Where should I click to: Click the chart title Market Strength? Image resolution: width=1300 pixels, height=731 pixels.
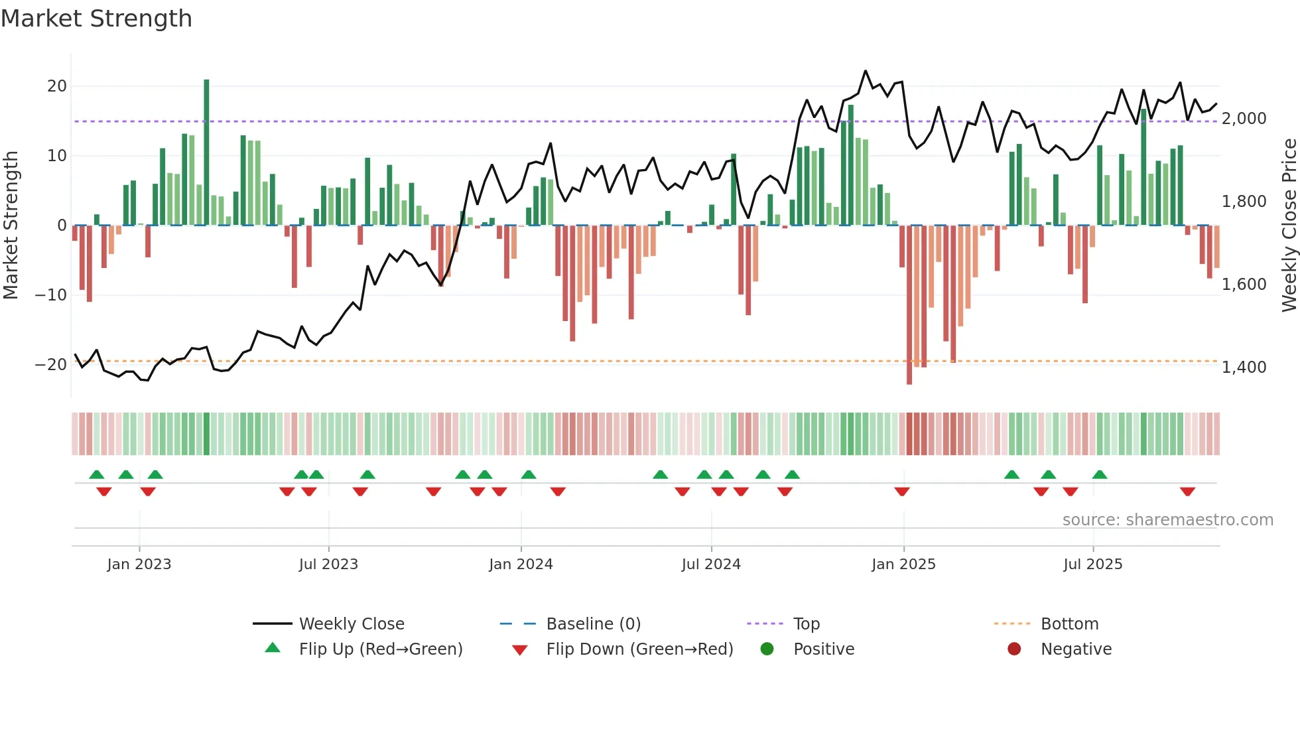click(96, 19)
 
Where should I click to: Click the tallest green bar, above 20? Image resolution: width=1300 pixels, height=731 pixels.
click(206, 153)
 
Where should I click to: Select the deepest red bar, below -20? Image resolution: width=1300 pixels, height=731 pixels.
click(909, 305)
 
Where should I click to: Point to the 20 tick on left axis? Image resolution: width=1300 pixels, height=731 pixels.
click(57, 86)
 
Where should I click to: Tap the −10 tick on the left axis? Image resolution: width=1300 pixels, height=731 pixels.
click(52, 295)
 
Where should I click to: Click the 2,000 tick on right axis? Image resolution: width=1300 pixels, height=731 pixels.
click(1244, 119)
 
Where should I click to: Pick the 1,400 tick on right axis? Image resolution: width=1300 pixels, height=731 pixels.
click(1244, 367)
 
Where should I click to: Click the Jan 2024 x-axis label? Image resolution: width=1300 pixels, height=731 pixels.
click(521, 565)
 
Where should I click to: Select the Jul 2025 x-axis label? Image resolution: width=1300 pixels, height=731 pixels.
click(1092, 565)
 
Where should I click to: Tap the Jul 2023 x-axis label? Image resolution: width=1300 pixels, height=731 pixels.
click(328, 565)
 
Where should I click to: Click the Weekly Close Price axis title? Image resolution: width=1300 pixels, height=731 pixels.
click(1289, 226)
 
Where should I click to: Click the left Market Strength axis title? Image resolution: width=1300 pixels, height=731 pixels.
click(11, 226)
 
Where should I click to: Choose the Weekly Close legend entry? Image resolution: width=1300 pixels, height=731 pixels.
click(351, 624)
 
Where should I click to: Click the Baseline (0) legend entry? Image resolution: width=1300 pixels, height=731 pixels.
click(593, 624)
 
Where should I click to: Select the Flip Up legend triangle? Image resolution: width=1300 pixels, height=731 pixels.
click(273, 648)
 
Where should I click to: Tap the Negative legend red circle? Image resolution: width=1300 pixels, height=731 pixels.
click(1014, 649)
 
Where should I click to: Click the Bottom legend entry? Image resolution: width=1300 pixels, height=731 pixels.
click(1069, 624)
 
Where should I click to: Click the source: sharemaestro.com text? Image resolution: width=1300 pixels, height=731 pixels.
click(1167, 520)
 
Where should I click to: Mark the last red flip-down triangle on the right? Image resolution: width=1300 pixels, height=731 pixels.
click(1187, 492)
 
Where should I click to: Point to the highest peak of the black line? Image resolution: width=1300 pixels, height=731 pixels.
click(866, 71)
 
